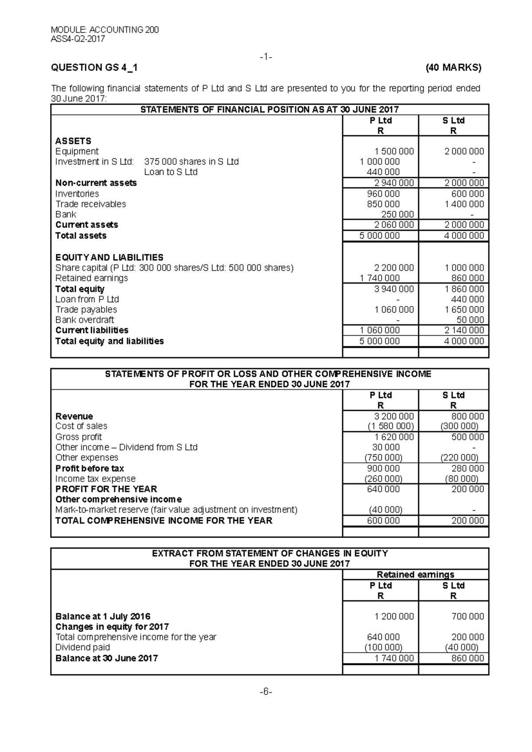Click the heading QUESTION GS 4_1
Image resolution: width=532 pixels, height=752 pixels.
(94, 68)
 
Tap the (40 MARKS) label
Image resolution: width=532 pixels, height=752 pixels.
(453, 68)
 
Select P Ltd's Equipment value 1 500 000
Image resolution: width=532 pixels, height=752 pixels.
(394, 151)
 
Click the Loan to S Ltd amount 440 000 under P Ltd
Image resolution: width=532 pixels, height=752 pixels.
(383, 172)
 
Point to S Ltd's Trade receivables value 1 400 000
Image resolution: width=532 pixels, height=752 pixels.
(464, 204)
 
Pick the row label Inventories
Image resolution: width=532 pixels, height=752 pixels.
(77, 194)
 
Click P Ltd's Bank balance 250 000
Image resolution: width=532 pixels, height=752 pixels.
(397, 214)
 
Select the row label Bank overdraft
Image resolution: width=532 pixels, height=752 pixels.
(85, 320)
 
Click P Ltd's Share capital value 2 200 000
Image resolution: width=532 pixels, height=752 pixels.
(394, 268)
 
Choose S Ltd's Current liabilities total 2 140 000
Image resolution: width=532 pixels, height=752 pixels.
(464, 330)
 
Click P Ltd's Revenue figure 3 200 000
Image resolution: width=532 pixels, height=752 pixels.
(394, 416)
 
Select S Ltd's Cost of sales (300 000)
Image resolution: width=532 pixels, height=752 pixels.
(459, 426)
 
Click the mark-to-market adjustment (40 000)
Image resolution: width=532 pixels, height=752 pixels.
(386, 510)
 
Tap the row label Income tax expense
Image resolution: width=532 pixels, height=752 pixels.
(95, 479)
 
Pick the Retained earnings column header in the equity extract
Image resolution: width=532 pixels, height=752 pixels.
(415, 574)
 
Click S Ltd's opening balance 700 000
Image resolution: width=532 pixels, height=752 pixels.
(467, 616)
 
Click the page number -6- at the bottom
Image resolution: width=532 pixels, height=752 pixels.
(266, 692)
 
